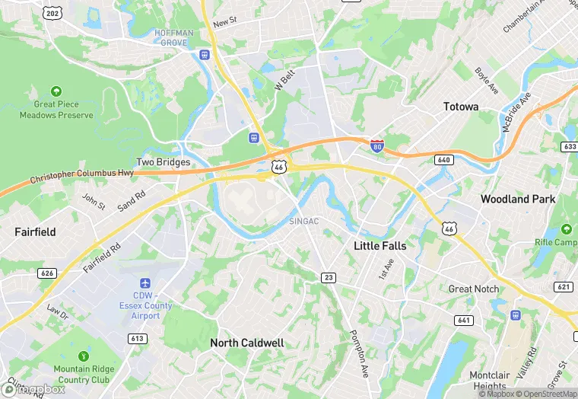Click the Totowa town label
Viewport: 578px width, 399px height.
[461, 107]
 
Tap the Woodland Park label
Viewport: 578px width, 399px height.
[518, 199]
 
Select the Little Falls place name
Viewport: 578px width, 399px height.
[380, 246]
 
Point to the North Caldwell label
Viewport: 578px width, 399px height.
[247, 343]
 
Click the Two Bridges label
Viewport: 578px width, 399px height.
[163, 162]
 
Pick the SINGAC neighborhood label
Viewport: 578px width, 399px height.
[303, 221]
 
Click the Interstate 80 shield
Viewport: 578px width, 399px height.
[376, 145]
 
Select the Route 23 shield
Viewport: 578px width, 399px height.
[328, 277]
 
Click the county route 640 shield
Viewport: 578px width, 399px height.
[443, 160]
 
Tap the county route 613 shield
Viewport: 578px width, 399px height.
[138, 338]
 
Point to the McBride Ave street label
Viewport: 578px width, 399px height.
[516, 113]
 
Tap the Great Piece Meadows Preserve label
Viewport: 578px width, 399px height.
[63, 110]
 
